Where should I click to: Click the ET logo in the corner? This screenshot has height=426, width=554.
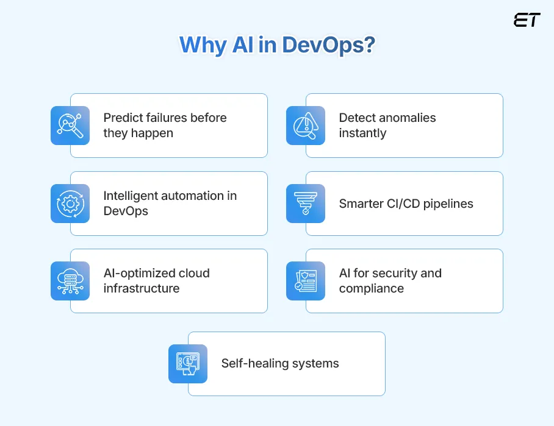527,20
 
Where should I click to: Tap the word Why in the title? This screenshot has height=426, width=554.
202,46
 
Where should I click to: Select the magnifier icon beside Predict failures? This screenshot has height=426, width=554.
70,126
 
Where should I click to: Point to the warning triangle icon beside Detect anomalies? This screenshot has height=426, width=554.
306,126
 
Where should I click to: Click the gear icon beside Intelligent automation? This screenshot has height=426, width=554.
70,204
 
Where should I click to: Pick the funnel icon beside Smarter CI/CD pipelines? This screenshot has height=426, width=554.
306,204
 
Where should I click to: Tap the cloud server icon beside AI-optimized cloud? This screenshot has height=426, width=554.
70,281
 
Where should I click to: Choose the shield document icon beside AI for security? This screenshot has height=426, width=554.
306,281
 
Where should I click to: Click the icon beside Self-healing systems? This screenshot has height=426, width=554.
188,364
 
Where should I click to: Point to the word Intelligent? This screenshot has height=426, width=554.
134,196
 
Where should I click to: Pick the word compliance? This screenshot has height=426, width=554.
371,288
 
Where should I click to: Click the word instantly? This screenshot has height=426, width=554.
362,133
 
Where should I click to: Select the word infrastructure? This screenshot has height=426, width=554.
142,288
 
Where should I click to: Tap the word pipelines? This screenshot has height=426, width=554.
450,204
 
